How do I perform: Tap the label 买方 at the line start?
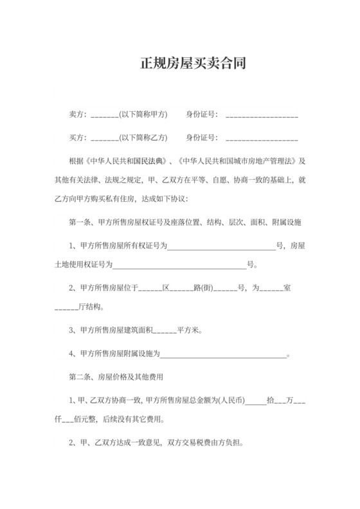[77, 138]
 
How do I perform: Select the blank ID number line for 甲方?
[262, 116]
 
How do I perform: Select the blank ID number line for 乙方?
[262, 139]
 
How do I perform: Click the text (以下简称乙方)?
[143, 138]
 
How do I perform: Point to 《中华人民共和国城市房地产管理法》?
[239, 161]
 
